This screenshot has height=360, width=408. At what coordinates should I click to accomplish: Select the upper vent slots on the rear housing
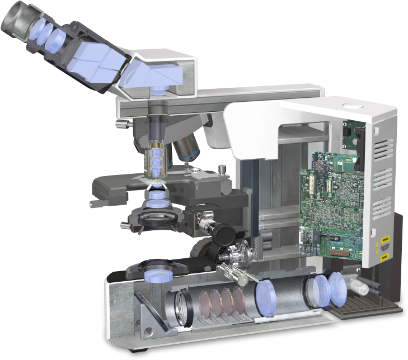click(382, 148)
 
